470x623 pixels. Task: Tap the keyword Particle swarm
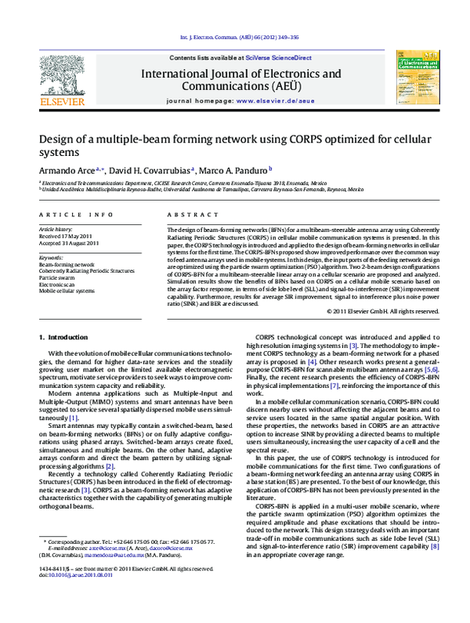(x=59, y=277)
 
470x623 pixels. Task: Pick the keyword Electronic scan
(x=60, y=284)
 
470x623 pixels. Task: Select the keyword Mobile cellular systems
(x=69, y=290)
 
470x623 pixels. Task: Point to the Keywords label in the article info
(x=52, y=256)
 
